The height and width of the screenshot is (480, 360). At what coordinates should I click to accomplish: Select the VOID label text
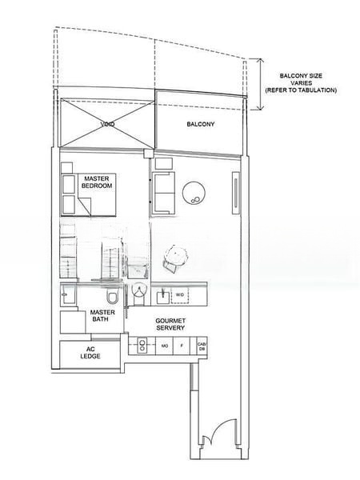click(107, 125)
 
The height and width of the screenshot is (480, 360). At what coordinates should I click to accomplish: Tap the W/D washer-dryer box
click(179, 296)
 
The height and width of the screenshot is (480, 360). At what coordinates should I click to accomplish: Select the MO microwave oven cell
click(164, 346)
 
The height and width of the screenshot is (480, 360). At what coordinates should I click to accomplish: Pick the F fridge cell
click(183, 346)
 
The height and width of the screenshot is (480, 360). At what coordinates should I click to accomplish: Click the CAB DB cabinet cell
click(202, 346)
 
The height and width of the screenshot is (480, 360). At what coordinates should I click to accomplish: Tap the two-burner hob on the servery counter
click(142, 346)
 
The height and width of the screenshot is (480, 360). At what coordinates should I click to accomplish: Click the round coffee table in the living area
click(194, 191)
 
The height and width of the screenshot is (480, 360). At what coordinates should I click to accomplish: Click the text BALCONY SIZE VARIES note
click(301, 82)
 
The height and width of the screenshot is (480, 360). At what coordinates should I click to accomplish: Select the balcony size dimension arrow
click(256, 83)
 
